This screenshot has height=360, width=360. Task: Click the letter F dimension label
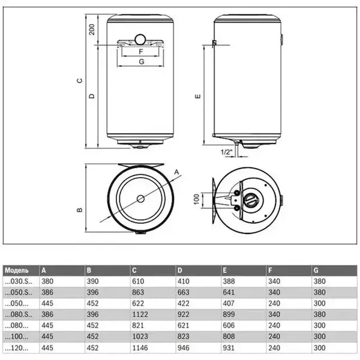point(139,52)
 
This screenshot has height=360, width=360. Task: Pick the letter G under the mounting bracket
point(139,61)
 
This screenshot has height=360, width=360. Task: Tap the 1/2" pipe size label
point(226,152)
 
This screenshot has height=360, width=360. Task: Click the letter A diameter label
point(177,172)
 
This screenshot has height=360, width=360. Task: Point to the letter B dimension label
point(79,210)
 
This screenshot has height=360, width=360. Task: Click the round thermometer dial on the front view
point(140,40)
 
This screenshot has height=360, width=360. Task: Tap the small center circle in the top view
point(140,199)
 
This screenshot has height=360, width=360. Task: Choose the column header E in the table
point(224,271)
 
